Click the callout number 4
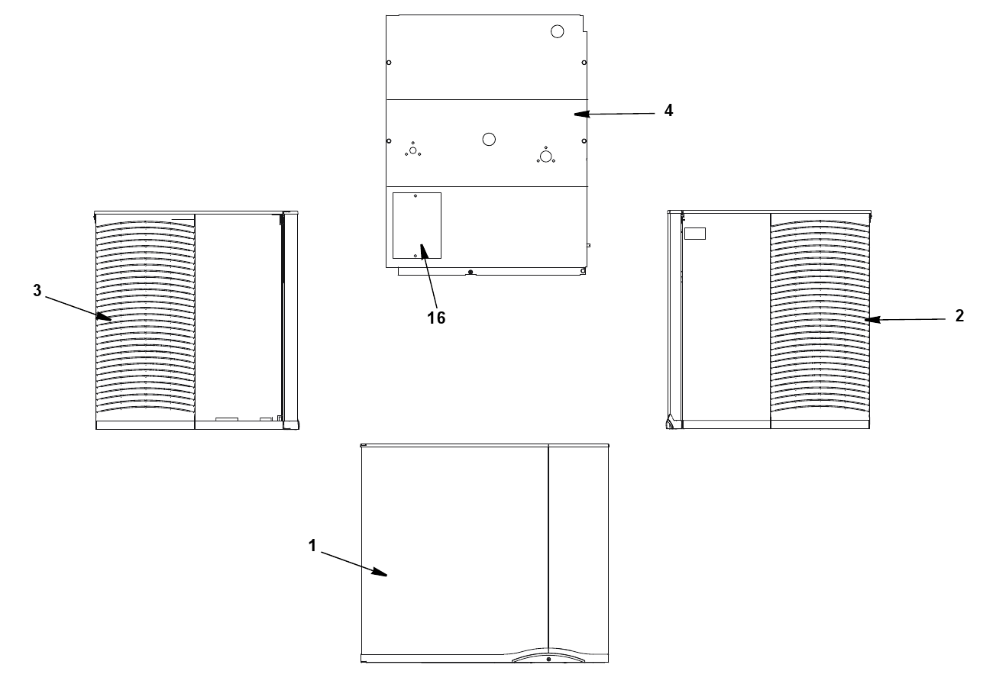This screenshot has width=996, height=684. coord(668,110)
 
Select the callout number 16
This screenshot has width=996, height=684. coord(436,318)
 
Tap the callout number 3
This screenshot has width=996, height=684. coord(37,291)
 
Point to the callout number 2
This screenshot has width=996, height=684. coord(959,316)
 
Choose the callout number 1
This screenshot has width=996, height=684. coord(312,546)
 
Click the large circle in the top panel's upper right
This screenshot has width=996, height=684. coord(557,31)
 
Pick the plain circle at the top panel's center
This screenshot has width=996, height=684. coord(489,139)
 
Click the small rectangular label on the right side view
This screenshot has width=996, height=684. coord(695,234)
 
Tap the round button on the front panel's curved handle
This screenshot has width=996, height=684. coord(548,659)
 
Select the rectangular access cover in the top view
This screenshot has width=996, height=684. coord(416,225)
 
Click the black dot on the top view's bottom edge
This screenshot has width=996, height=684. coord(471,272)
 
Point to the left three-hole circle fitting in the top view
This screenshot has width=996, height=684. coord(413,150)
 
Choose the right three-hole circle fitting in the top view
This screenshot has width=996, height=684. coord(545,156)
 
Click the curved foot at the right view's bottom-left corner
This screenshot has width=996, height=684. coord(670,422)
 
